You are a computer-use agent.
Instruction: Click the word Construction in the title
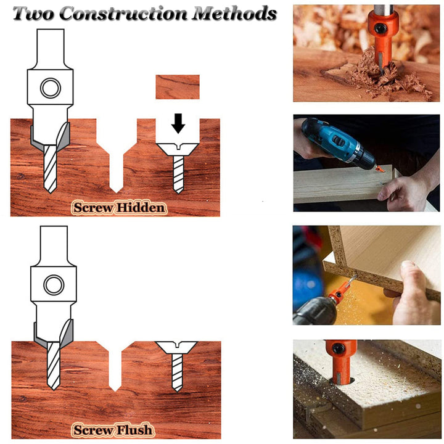click(x=123, y=14)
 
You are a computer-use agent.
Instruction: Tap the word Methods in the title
click(x=234, y=14)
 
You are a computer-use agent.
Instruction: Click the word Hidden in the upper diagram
click(x=141, y=208)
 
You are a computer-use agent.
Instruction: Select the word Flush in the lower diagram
click(x=135, y=430)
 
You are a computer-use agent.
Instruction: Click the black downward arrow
click(x=178, y=123)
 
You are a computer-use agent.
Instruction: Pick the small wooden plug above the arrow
click(x=178, y=87)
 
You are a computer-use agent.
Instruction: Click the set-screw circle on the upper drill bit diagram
click(x=51, y=88)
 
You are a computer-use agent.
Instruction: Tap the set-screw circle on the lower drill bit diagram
click(x=54, y=284)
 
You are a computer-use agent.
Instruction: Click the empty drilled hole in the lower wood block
click(x=115, y=366)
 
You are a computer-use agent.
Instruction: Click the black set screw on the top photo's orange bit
click(x=380, y=28)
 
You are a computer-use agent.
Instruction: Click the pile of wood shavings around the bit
click(x=385, y=76)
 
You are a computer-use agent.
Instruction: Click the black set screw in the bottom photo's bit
click(x=339, y=348)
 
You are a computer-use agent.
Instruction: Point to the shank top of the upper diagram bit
click(x=51, y=30)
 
